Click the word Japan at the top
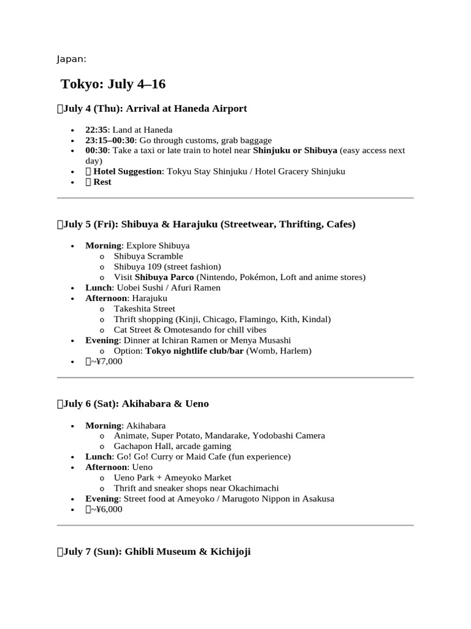[x=71, y=59]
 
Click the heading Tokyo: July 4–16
[x=113, y=84]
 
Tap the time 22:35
[x=98, y=130]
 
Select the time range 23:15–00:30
[x=110, y=140]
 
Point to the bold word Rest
[x=102, y=182]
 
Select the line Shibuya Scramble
[x=148, y=256]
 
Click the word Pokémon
[x=256, y=277]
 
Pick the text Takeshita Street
[x=144, y=308]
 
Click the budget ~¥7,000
[x=106, y=361]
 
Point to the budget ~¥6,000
[x=106, y=509]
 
